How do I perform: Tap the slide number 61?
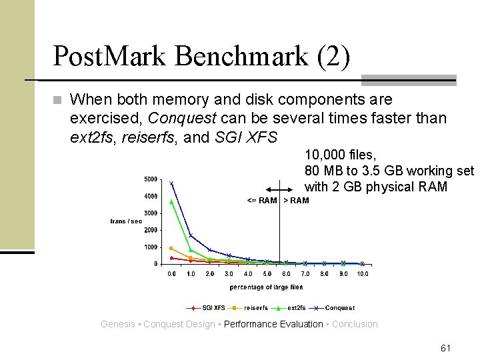coord(445,348)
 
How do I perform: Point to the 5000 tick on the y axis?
coord(151,179)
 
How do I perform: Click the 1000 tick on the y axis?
coord(151,247)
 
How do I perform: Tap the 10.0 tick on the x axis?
coord(362,274)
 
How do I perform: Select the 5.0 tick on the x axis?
coord(267,274)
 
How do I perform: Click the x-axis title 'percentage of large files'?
coord(266,287)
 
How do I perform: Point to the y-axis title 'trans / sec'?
coord(126,221)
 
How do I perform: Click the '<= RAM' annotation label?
coord(261,201)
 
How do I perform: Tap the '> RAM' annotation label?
coord(296,201)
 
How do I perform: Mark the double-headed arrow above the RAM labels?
coord(279,190)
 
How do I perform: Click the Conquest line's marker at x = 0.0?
coord(171,183)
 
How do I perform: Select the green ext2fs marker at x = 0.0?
coord(171,201)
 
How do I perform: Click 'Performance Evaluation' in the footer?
coord(273,325)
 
